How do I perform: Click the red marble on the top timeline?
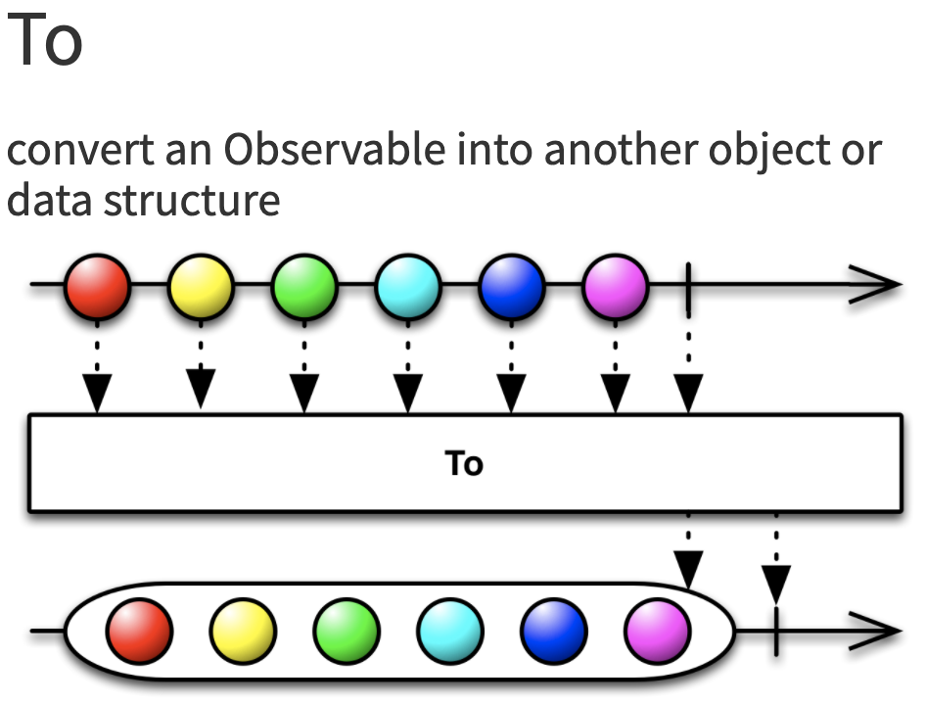(98, 287)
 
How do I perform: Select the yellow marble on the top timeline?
(201, 287)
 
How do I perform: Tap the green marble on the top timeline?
(304, 287)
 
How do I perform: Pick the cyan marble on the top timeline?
(407, 287)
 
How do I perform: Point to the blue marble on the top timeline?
(511, 287)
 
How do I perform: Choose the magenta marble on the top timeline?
(615, 287)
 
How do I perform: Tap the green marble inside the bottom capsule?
(347, 631)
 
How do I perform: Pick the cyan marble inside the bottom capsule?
(450, 631)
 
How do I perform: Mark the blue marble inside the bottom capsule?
(554, 631)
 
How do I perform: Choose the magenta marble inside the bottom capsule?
(657, 631)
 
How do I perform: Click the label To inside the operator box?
(464, 463)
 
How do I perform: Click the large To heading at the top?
(44, 41)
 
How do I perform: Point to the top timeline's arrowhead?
(880, 286)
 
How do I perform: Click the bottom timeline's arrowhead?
(880, 631)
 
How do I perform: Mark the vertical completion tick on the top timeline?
(690, 287)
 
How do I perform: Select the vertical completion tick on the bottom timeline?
(776, 631)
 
